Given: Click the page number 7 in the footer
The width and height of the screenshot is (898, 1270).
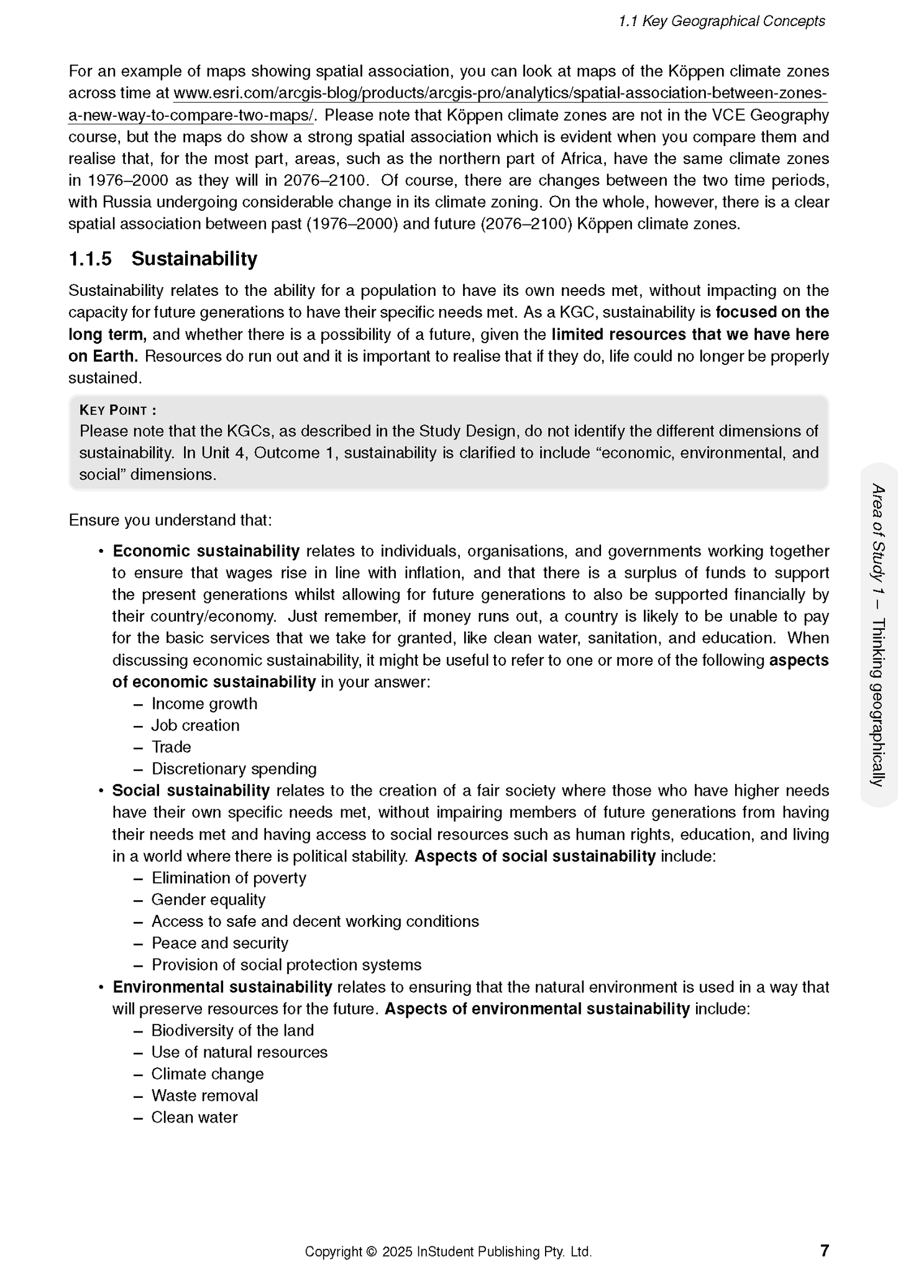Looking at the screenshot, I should tap(824, 1250).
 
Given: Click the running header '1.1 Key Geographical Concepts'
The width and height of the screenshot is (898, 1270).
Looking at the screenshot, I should tap(722, 21).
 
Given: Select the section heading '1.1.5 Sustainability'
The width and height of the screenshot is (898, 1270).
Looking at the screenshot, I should tap(163, 259).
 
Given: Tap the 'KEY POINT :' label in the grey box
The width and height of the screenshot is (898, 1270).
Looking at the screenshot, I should tap(117, 410).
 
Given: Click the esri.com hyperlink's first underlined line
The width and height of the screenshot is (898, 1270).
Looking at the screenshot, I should tap(500, 93).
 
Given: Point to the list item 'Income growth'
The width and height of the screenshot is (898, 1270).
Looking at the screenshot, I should tap(204, 704).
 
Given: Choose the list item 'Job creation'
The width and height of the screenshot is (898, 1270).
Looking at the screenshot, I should tap(195, 725).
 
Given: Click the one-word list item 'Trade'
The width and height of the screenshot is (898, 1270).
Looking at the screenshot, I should tap(171, 747).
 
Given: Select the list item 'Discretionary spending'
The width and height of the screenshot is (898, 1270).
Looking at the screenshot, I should tap(234, 769).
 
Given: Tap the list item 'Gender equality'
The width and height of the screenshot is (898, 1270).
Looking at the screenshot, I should tap(208, 900).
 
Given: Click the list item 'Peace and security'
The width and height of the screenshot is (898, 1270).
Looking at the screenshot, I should tap(220, 943).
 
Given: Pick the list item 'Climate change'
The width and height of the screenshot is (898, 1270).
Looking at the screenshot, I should tap(208, 1074).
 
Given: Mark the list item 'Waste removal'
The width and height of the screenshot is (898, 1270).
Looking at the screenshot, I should tap(204, 1095).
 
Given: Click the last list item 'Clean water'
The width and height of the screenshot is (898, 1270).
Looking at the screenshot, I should tap(195, 1117).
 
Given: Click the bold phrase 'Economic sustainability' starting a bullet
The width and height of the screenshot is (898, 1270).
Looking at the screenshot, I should tap(206, 551).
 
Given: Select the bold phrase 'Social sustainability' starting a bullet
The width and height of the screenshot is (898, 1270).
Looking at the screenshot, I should tap(191, 791).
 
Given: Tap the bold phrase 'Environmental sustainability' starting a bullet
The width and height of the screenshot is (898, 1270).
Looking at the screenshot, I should tap(222, 987).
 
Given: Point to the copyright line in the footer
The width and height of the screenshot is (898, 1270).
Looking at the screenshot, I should tap(447, 1251).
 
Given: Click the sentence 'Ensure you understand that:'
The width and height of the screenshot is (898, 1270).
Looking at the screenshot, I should tap(170, 520).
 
